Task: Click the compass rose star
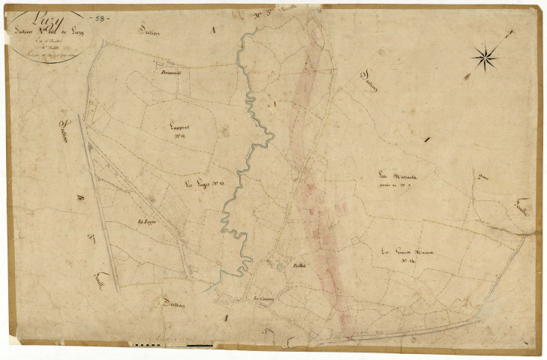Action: tap(485, 55)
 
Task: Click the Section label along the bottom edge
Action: tap(173, 303)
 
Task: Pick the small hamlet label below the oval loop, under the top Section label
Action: tap(172, 73)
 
